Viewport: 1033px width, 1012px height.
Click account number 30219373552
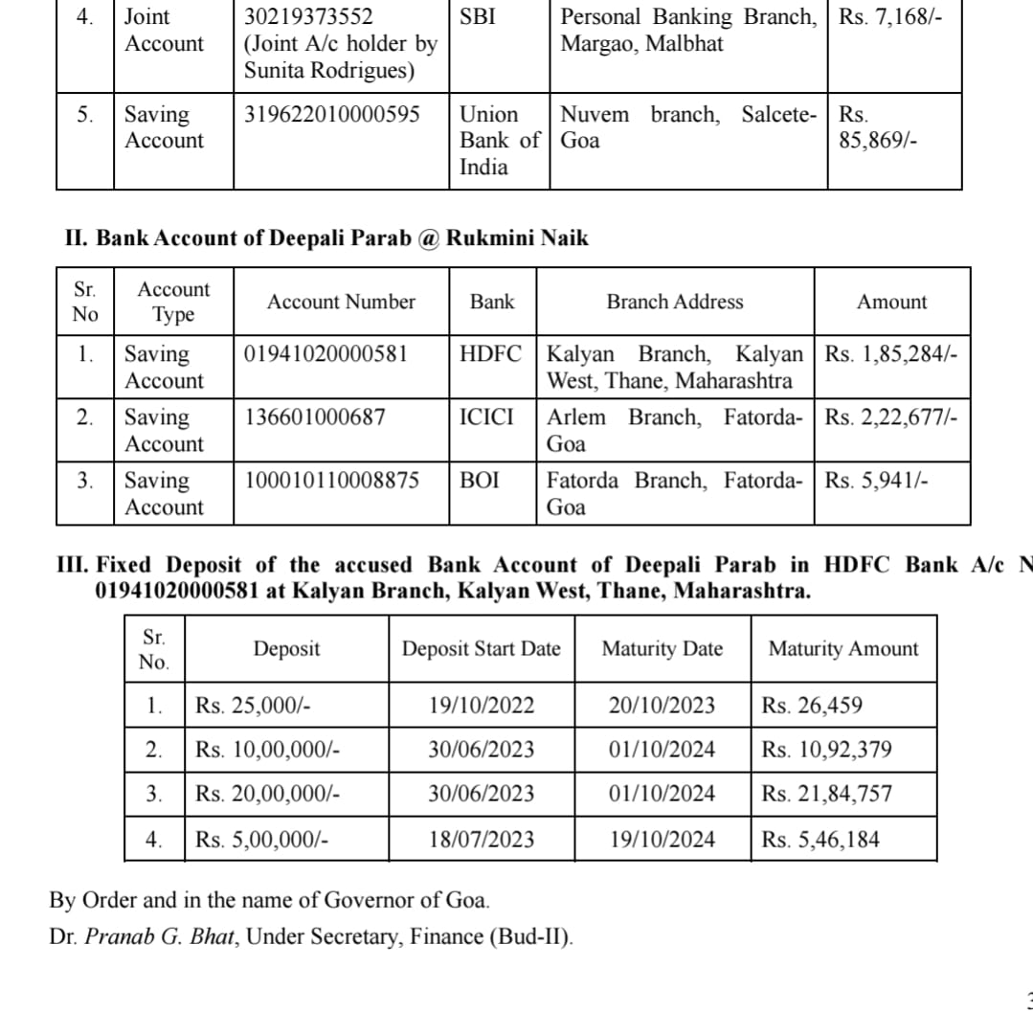309,17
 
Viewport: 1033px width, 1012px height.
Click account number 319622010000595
332,115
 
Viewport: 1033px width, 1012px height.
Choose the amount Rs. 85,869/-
878,128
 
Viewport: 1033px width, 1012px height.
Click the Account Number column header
341,302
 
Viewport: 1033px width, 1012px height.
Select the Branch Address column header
674,302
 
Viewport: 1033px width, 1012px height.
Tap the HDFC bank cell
491,353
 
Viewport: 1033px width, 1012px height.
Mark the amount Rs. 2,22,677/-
890,417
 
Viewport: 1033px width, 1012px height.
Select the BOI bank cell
480,481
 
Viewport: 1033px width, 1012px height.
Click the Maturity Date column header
662,649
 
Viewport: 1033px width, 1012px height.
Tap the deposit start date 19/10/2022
481,707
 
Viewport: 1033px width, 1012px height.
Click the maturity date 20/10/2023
662,707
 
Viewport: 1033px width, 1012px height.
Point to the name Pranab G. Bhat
160,936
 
